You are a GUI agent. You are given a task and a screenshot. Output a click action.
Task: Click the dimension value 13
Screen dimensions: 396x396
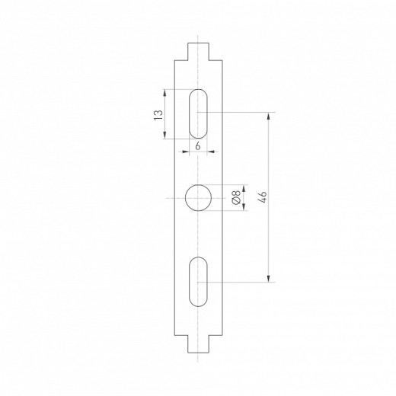pyautogui.click(x=158, y=114)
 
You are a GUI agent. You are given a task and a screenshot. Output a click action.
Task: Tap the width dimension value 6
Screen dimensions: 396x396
pyautogui.click(x=197, y=145)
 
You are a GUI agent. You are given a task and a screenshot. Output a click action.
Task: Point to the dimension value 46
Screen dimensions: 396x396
pyautogui.click(x=262, y=198)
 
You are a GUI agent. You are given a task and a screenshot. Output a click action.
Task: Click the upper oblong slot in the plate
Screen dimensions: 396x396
pyautogui.click(x=198, y=113)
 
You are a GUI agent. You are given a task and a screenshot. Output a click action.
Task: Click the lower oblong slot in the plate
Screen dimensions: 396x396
pyautogui.click(x=198, y=283)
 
